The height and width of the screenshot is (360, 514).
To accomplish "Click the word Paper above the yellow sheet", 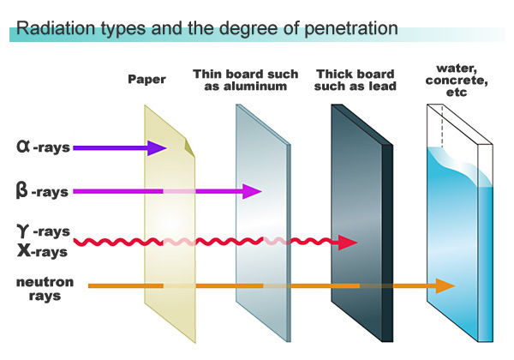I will pyautogui.click(x=146, y=81).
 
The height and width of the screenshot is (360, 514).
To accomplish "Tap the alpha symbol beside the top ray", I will pyautogui.click(x=24, y=147).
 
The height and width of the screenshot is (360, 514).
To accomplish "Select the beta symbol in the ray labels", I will pyautogui.click(x=22, y=190).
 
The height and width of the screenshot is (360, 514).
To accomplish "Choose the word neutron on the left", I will pyautogui.click(x=45, y=281).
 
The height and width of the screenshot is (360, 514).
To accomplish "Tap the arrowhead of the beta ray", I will pyautogui.click(x=252, y=191).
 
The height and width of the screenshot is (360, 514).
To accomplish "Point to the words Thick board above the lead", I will pyautogui.click(x=354, y=74).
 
